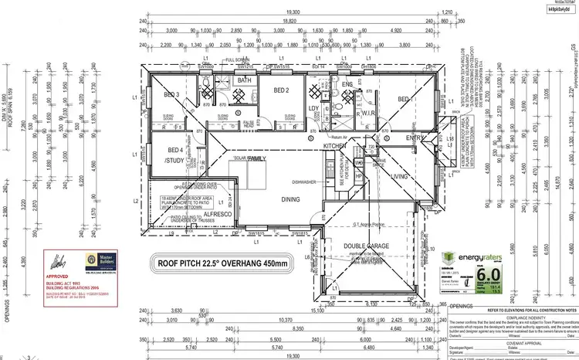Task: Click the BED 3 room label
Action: coord(171,95)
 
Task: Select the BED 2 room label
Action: coord(282,90)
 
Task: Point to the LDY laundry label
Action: coord(313,107)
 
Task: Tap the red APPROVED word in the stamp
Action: coord(59,274)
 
